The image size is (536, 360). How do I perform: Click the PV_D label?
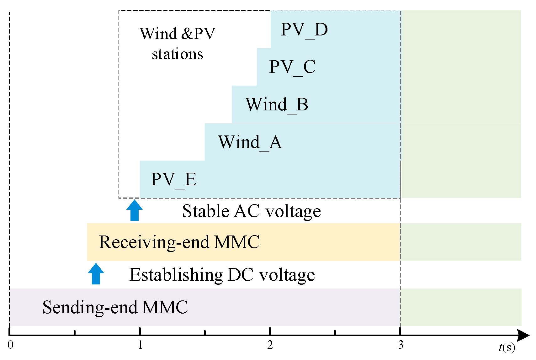point(304,30)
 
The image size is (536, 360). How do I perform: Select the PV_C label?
point(292,67)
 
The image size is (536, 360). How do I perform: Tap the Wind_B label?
point(277,105)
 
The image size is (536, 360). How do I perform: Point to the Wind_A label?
point(250,142)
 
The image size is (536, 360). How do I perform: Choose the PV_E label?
point(173,180)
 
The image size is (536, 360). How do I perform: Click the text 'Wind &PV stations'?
point(178,44)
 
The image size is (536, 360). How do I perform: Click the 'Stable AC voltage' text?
point(251,211)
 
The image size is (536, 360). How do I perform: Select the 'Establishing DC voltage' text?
point(222,275)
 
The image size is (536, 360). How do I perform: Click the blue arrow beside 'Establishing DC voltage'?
point(96,274)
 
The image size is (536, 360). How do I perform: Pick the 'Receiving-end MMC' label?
point(179,242)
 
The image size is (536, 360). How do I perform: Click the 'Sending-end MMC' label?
point(115,307)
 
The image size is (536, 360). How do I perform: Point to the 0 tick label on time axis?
point(10,345)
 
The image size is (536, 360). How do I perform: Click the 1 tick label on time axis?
point(140,345)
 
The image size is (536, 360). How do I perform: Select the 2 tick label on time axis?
point(270,345)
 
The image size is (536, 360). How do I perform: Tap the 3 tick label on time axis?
point(401,345)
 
